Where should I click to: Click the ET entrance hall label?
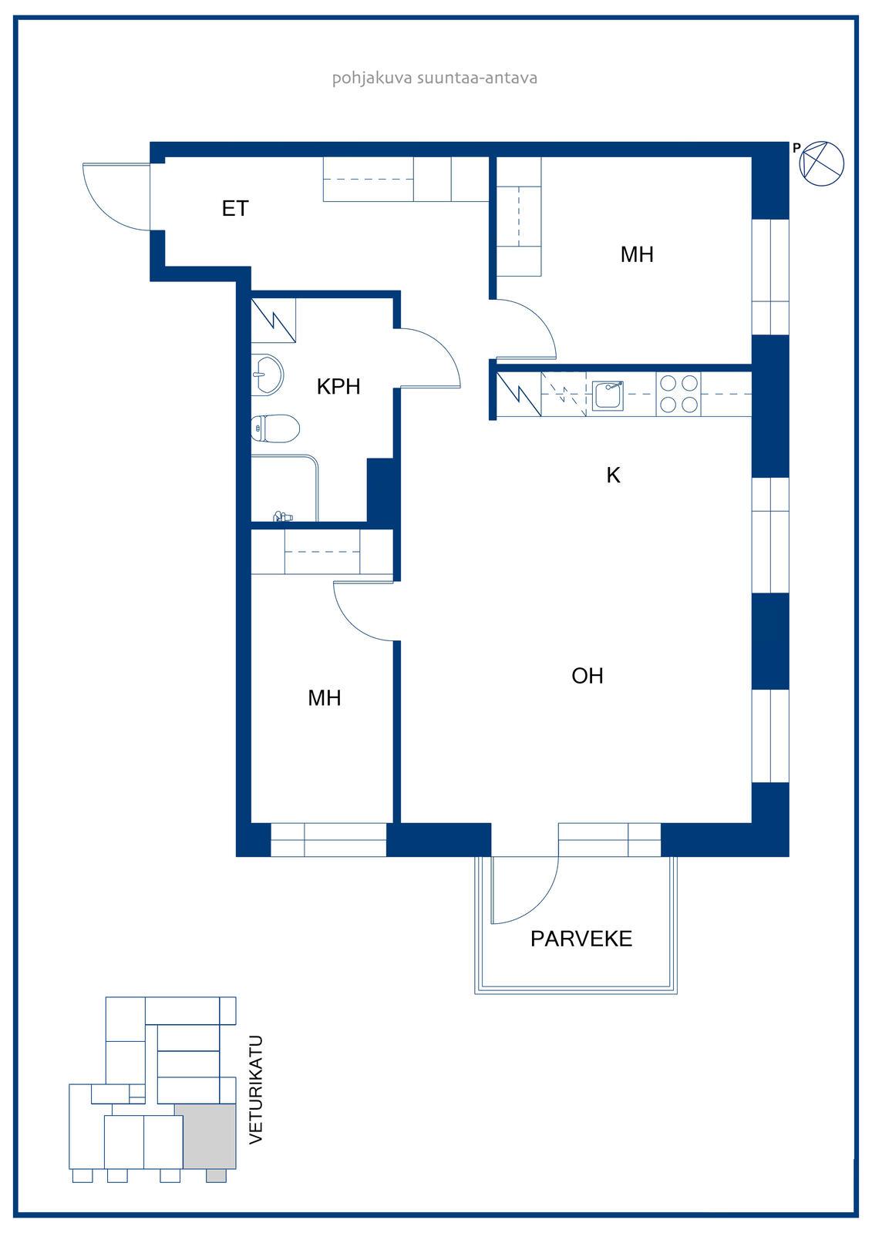(235, 209)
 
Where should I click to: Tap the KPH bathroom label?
(338, 386)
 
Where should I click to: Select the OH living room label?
(588, 675)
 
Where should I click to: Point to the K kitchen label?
(613, 475)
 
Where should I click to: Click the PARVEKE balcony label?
(581, 939)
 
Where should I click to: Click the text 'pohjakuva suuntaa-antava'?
(435, 78)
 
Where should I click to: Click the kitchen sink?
(608, 395)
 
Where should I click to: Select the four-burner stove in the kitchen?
(678, 394)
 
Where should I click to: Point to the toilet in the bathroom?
(275, 428)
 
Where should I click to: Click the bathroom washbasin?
(268, 375)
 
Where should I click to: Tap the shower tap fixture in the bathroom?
(283, 516)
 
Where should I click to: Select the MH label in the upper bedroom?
(637, 254)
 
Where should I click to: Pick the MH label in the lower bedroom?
(325, 698)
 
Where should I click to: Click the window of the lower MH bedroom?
(328, 840)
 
